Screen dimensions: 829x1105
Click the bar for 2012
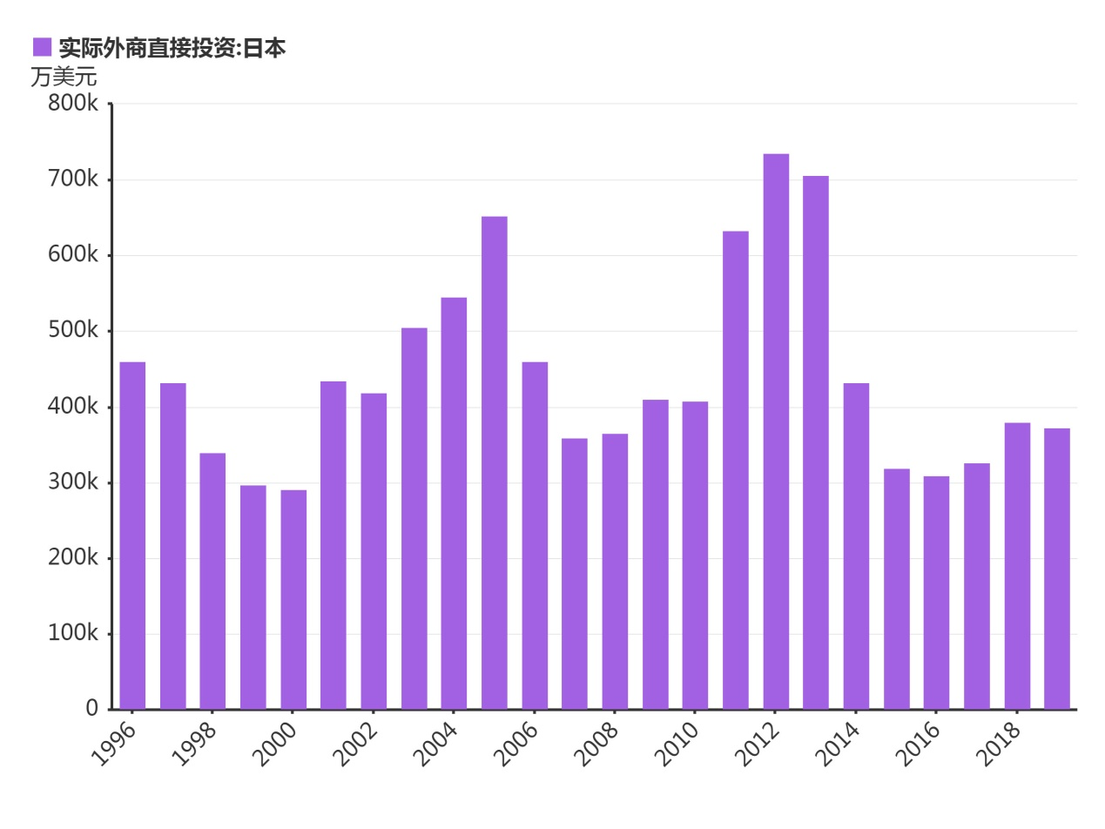point(776,431)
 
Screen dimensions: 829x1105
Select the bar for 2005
point(494,462)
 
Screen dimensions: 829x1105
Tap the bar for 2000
point(293,599)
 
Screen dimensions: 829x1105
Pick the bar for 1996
point(132,535)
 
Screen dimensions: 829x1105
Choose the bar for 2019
point(1057,568)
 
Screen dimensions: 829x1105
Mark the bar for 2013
point(816,442)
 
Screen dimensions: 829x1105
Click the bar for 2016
point(936,592)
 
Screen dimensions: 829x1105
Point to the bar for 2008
point(615,570)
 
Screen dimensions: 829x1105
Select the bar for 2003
point(414,518)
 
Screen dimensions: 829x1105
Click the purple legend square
point(42,47)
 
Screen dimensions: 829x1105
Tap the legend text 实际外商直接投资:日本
point(172,48)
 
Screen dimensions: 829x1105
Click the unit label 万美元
point(64,77)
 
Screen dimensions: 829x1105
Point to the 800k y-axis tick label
point(73,104)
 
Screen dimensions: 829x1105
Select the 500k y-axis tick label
point(73,331)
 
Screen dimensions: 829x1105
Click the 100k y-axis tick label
point(73,633)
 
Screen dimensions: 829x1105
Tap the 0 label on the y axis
point(91,709)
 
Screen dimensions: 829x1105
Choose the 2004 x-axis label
point(435,744)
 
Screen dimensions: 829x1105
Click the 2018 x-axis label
point(999,744)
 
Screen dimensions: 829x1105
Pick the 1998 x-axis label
point(194,744)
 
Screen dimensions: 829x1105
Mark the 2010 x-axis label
point(677,744)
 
